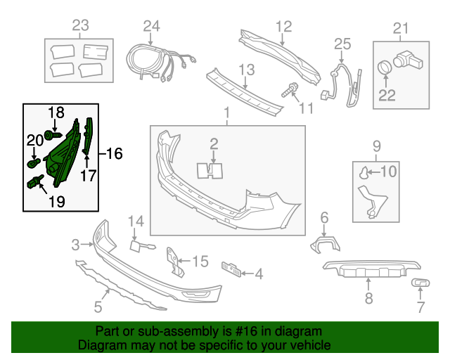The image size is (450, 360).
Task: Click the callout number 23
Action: point(81,26)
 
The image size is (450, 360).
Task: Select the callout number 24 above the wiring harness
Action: point(152,26)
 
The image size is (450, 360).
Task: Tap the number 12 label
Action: point(283,26)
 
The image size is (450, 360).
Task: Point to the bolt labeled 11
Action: point(289,91)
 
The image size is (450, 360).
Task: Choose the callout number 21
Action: point(400,28)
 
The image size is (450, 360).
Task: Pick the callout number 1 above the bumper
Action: point(226,112)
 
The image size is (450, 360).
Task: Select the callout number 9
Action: point(375,147)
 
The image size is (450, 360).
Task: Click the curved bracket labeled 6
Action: point(325,244)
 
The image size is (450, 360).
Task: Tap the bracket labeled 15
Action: point(172,260)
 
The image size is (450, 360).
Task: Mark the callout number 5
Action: point(98,307)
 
